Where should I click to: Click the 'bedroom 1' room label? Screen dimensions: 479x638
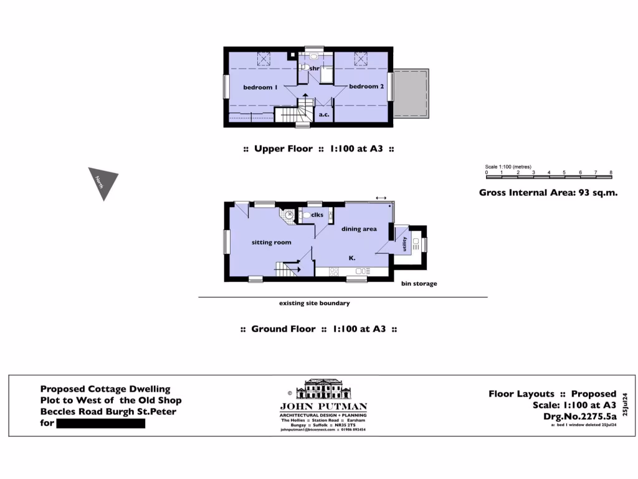[x=260, y=87]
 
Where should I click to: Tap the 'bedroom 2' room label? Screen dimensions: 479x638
[x=366, y=87]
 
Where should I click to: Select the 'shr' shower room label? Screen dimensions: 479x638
[x=315, y=68]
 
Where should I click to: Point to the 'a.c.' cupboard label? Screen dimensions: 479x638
[x=324, y=115]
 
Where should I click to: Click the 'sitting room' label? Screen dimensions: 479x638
[x=271, y=242]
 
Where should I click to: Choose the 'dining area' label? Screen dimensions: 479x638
[x=359, y=229]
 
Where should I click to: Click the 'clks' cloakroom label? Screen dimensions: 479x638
[x=317, y=215]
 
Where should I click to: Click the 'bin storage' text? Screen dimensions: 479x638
[x=419, y=284]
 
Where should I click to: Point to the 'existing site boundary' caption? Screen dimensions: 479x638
[x=314, y=304]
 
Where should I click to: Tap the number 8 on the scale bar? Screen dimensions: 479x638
[x=611, y=172]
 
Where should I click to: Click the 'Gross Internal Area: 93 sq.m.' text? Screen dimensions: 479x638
[x=548, y=193]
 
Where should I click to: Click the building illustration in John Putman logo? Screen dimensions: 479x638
[x=323, y=391]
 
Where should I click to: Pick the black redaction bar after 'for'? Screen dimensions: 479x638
[x=100, y=423]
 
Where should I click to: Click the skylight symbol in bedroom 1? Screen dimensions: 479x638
[x=263, y=59]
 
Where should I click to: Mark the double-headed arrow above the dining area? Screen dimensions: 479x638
[x=381, y=198]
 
